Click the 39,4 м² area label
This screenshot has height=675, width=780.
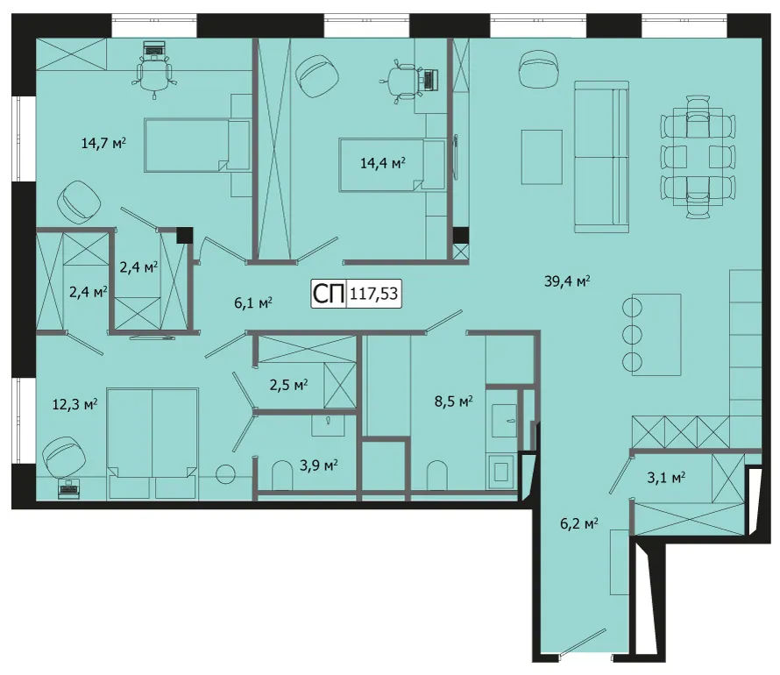point(567,281)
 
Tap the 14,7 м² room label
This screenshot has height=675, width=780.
point(103,144)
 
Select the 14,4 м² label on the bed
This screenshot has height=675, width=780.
point(382,163)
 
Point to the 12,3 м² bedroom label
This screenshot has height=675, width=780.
point(74,404)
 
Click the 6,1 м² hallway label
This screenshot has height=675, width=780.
point(253,302)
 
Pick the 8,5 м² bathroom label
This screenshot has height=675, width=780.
point(454,401)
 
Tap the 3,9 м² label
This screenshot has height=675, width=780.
point(319,466)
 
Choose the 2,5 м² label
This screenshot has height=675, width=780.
point(288,385)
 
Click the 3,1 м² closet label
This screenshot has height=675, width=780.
point(666,478)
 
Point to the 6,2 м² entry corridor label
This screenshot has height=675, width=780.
point(579,524)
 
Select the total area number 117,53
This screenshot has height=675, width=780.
point(373,294)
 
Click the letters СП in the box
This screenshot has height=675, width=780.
point(329,294)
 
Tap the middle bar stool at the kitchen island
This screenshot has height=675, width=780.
point(632,334)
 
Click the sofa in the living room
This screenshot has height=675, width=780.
point(602,157)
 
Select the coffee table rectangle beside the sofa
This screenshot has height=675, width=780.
point(542,157)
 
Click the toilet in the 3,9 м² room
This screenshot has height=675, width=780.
point(282,476)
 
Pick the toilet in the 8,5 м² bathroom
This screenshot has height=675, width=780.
point(437,475)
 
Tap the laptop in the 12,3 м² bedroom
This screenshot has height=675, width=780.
point(69,489)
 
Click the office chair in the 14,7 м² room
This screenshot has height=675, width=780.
point(155,75)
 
